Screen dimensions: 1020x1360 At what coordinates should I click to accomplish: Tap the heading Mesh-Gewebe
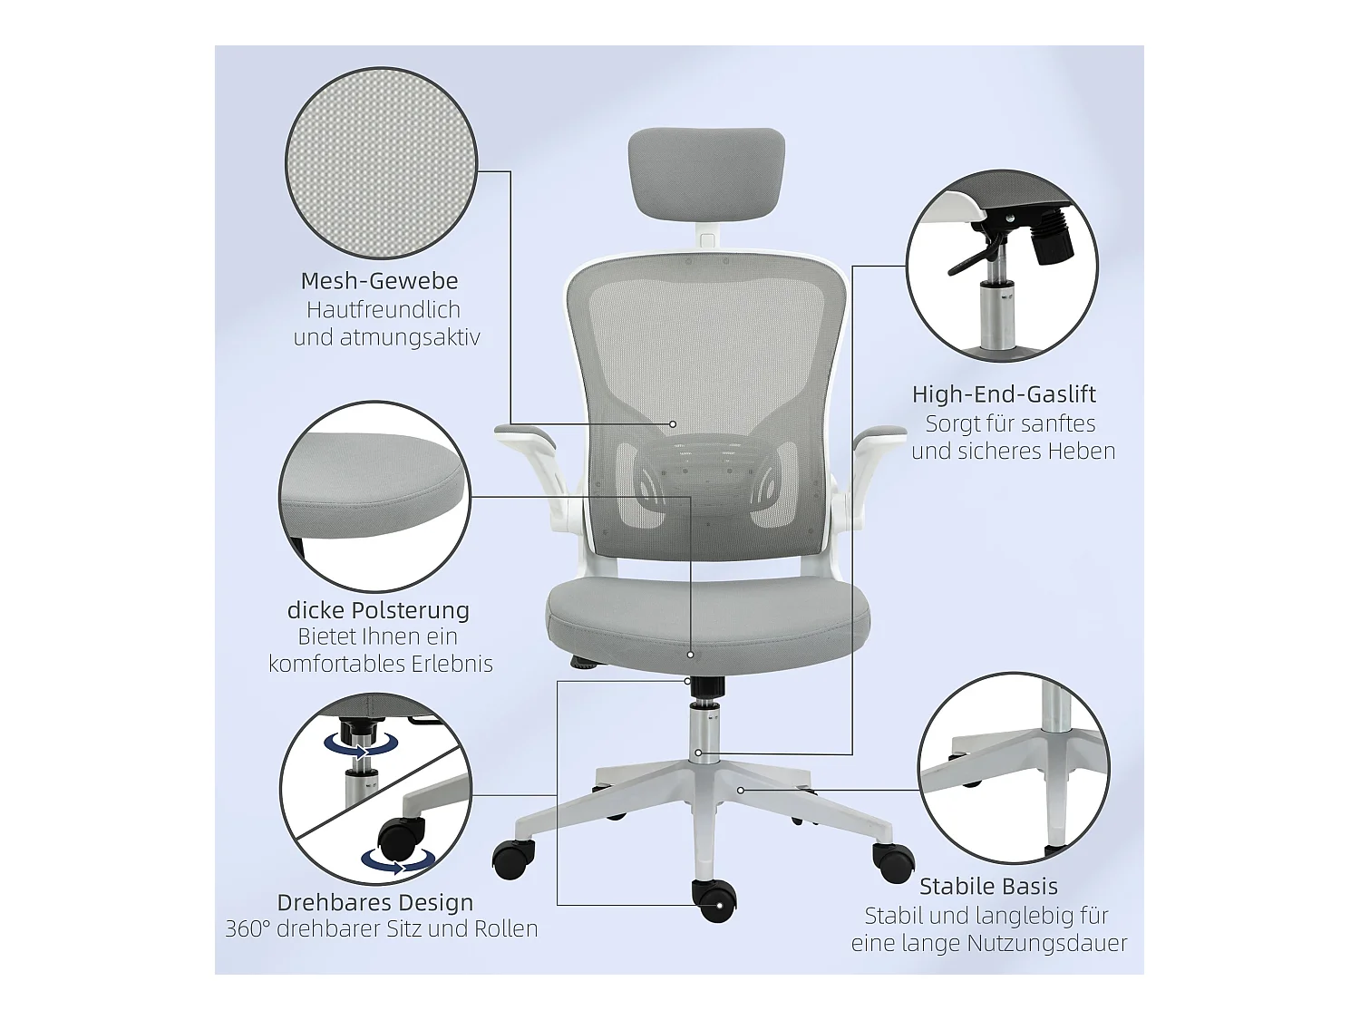tap(379, 281)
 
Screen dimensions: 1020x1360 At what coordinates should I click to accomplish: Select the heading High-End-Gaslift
tap(1004, 394)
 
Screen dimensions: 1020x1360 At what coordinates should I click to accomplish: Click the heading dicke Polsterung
tap(378, 610)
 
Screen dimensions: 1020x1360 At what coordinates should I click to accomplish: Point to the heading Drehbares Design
tap(375, 903)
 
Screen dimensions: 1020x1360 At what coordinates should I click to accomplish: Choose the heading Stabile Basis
tap(988, 887)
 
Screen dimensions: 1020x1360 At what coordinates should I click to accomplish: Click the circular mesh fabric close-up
tap(381, 163)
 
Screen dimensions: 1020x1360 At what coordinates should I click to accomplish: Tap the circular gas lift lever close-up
tap(1002, 266)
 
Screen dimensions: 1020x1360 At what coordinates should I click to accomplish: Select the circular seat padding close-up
tap(374, 497)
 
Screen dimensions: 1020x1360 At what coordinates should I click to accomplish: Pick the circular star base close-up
tap(1013, 768)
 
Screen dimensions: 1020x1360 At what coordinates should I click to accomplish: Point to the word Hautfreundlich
tap(384, 310)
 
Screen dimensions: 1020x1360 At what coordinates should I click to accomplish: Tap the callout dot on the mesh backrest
tap(673, 423)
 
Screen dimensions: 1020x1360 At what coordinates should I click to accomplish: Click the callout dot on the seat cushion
tap(690, 654)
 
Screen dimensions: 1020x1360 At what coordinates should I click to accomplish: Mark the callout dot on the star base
tap(741, 790)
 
